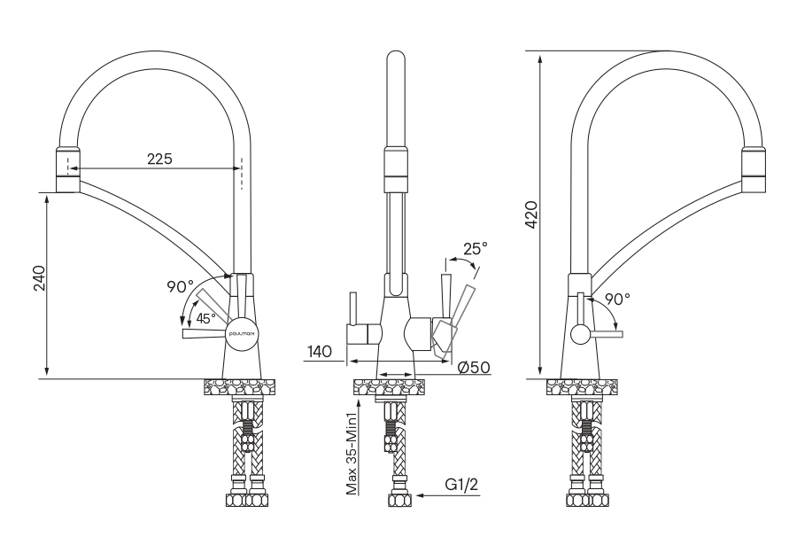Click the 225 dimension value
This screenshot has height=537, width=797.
point(159,159)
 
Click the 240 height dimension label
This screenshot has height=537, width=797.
point(38,283)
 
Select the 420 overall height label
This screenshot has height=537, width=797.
point(531,214)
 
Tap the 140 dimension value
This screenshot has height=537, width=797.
point(320,352)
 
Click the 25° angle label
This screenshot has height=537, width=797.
point(475,249)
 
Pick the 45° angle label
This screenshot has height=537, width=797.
point(205,319)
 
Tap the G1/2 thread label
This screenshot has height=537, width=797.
point(462,485)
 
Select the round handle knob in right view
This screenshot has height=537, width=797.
point(580,334)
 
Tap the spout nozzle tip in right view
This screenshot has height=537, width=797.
point(753,168)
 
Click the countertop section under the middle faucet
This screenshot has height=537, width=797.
point(389,386)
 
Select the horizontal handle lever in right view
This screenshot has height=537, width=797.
point(607,334)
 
